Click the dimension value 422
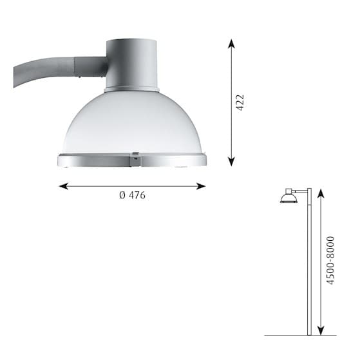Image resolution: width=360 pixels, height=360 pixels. pos(240,103)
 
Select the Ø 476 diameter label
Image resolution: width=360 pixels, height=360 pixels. pos(132,196)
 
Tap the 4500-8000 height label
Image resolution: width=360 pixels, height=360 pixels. pos(330,260)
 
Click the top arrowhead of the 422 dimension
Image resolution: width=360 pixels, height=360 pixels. pos(231,43)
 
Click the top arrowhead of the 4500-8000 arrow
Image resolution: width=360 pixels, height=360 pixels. pos(321,193)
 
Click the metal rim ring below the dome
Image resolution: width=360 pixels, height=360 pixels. pos(97,160)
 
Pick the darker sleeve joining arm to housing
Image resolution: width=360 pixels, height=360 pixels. pos(91,66)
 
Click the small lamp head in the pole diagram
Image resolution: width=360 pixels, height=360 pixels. pos(289,197)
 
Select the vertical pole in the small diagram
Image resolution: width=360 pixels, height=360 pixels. pos(309,264)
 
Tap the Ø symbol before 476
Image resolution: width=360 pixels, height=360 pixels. pos(122,196)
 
